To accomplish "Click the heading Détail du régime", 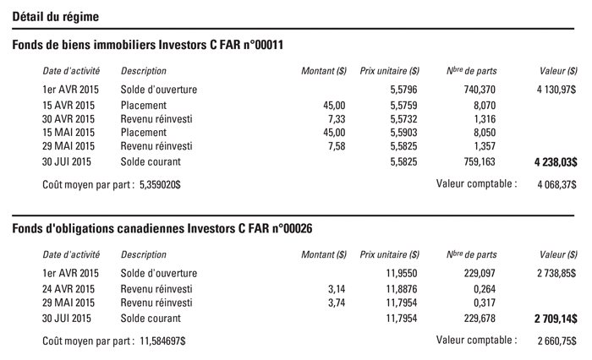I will click(x=55, y=16).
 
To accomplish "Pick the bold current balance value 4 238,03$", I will click(x=551, y=161).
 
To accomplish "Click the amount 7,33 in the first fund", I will click(x=337, y=119).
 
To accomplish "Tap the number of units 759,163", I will click(x=478, y=161).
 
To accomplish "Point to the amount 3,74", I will click(x=337, y=303).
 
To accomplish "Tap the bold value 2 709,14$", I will click(x=555, y=319).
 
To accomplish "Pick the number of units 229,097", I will click(x=478, y=274).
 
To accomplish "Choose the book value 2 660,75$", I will click(x=553, y=341).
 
